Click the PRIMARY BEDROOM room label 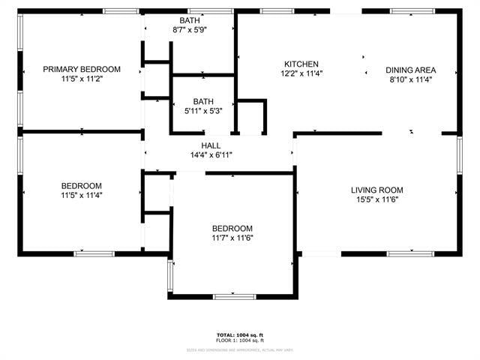(82, 69)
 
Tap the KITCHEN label (301, 64)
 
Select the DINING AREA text (411, 70)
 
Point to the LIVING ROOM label (377, 190)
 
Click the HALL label (211, 145)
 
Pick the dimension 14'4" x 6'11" (211, 155)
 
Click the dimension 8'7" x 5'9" (189, 29)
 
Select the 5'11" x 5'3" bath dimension (202, 111)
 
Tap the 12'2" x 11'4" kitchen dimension (301, 73)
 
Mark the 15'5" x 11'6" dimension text (377, 200)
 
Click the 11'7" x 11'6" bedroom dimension (232, 238)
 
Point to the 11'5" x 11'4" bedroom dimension (82, 195)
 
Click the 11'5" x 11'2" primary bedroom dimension (82, 79)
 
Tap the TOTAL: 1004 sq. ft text (240, 334)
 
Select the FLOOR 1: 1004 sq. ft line (240, 340)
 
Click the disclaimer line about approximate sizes (240, 349)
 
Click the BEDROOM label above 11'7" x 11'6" (232, 229)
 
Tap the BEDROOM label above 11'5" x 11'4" (82, 185)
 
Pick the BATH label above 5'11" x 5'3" (202, 100)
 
